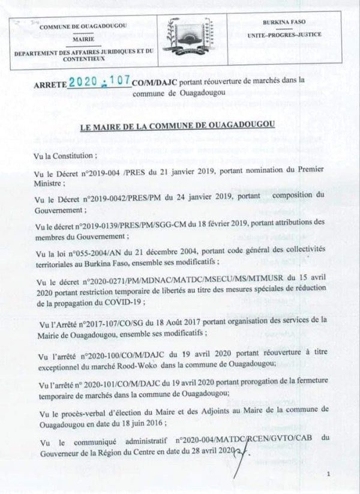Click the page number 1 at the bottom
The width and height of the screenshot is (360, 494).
coord(329,474)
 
